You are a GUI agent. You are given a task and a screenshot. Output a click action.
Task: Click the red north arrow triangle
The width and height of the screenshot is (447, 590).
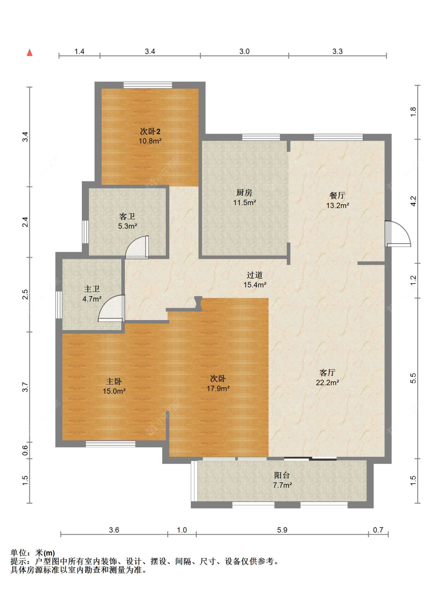(29, 52)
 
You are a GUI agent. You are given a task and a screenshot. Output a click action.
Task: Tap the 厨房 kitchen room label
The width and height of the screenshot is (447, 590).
(244, 192)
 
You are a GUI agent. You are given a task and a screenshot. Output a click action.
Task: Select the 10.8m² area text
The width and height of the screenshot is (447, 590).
(150, 141)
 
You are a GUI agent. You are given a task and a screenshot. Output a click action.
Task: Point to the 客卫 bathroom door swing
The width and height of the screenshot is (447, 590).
(137, 247)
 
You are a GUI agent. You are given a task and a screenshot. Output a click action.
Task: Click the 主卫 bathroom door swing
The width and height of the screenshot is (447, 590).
(112, 308)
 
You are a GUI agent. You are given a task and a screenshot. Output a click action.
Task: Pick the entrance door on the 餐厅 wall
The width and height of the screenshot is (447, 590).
(398, 234)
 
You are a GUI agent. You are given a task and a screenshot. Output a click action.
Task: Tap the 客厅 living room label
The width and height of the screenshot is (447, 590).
(327, 373)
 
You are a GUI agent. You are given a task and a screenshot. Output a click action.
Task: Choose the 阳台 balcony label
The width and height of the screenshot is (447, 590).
(282, 475)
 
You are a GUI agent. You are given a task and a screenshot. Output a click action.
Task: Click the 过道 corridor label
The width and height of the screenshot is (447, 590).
(254, 275)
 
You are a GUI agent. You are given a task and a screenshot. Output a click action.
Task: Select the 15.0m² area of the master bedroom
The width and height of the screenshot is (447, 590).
(114, 391)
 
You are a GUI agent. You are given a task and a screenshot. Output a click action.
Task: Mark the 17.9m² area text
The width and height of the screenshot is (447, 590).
(218, 388)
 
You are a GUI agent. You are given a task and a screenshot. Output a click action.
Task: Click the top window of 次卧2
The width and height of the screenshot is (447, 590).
(148, 85)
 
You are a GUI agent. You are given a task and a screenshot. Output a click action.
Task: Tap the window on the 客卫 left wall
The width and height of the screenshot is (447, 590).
(85, 232)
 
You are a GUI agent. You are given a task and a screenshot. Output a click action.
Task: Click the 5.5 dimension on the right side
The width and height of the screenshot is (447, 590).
(413, 378)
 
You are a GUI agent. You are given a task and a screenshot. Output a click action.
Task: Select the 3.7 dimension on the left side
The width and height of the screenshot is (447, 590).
(25, 387)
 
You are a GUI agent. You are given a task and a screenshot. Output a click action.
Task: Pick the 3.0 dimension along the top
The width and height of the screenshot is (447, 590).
(244, 51)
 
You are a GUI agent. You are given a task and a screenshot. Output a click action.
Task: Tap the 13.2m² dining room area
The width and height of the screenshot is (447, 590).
(337, 206)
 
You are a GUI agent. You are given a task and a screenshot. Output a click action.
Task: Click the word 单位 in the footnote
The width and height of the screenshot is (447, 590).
(19, 553)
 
